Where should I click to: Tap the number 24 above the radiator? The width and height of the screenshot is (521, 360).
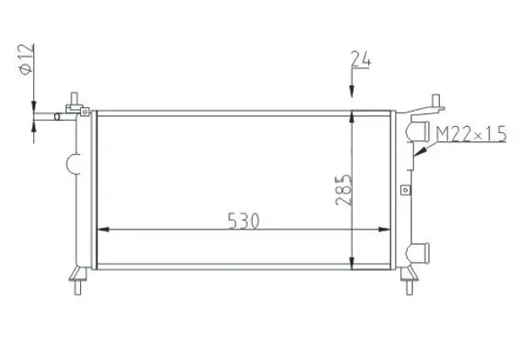(361, 62)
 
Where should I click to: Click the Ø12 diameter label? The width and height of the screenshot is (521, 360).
(26, 60)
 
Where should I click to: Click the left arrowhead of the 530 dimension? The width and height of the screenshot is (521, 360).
(102, 229)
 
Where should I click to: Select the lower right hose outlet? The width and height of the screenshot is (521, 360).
(416, 251)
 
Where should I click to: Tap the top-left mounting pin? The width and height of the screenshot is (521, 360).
(74, 98)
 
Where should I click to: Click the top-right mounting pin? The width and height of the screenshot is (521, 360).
(434, 101)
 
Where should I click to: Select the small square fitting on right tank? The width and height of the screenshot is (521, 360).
(405, 190)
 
